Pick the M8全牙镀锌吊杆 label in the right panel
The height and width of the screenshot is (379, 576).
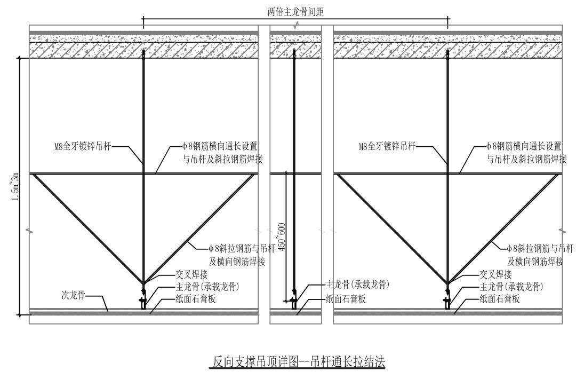(x=387, y=146)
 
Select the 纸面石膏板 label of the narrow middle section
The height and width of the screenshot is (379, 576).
(x=346, y=299)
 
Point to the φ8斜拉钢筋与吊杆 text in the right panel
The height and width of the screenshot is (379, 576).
(x=540, y=248)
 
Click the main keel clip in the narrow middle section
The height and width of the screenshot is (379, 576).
(x=293, y=302)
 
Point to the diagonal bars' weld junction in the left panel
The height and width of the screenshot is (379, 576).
(x=143, y=282)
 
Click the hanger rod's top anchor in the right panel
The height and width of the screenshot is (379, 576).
(x=447, y=52)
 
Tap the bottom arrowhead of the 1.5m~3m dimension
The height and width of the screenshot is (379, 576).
(x=20, y=314)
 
